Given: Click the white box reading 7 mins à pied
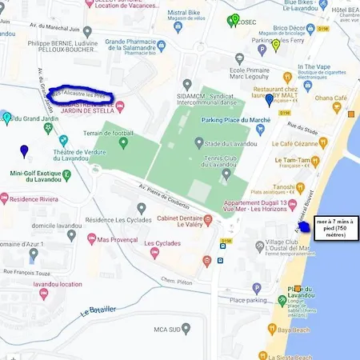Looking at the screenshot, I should (336, 227).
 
